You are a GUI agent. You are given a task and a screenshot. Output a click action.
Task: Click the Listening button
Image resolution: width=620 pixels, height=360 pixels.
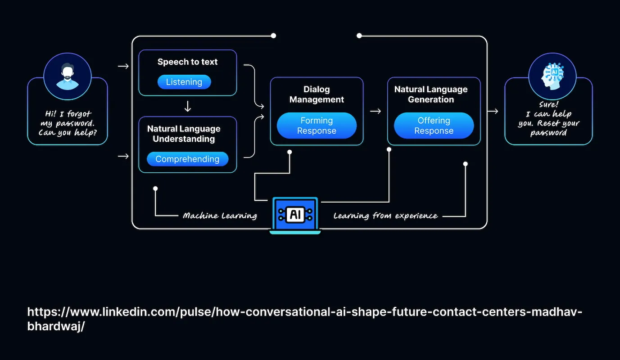184,82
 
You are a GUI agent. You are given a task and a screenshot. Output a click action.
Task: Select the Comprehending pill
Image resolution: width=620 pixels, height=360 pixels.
187,159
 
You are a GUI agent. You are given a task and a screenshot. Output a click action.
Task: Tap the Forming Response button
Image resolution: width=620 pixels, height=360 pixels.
317,126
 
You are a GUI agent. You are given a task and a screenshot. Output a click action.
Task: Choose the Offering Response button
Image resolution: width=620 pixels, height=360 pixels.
434,126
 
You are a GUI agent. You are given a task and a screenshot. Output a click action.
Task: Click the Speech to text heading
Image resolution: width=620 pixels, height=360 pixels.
187,62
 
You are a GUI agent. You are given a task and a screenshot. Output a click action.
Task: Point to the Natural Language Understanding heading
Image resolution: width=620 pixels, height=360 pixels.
184,134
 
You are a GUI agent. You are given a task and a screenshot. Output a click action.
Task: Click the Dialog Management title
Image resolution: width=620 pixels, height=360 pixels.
317,94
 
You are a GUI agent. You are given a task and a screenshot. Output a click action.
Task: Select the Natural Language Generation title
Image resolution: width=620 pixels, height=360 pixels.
431,94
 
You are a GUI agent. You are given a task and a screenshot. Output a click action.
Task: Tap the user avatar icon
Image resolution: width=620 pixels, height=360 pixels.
68,76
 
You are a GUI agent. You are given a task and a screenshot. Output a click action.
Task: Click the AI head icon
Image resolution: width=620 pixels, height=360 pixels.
552,76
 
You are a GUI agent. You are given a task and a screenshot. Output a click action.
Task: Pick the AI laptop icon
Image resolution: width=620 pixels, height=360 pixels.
295,215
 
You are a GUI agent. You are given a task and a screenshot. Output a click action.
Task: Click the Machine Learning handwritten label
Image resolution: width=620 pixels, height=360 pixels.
220,216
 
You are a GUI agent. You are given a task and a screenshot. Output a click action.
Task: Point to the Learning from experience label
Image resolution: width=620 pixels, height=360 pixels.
385,216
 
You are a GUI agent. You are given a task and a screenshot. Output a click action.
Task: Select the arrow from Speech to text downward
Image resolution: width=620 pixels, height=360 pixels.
188,106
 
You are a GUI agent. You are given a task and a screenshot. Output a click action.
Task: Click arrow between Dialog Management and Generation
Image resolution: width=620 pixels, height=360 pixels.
375,111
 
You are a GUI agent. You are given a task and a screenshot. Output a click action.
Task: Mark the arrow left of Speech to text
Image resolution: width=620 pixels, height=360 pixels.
123,67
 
